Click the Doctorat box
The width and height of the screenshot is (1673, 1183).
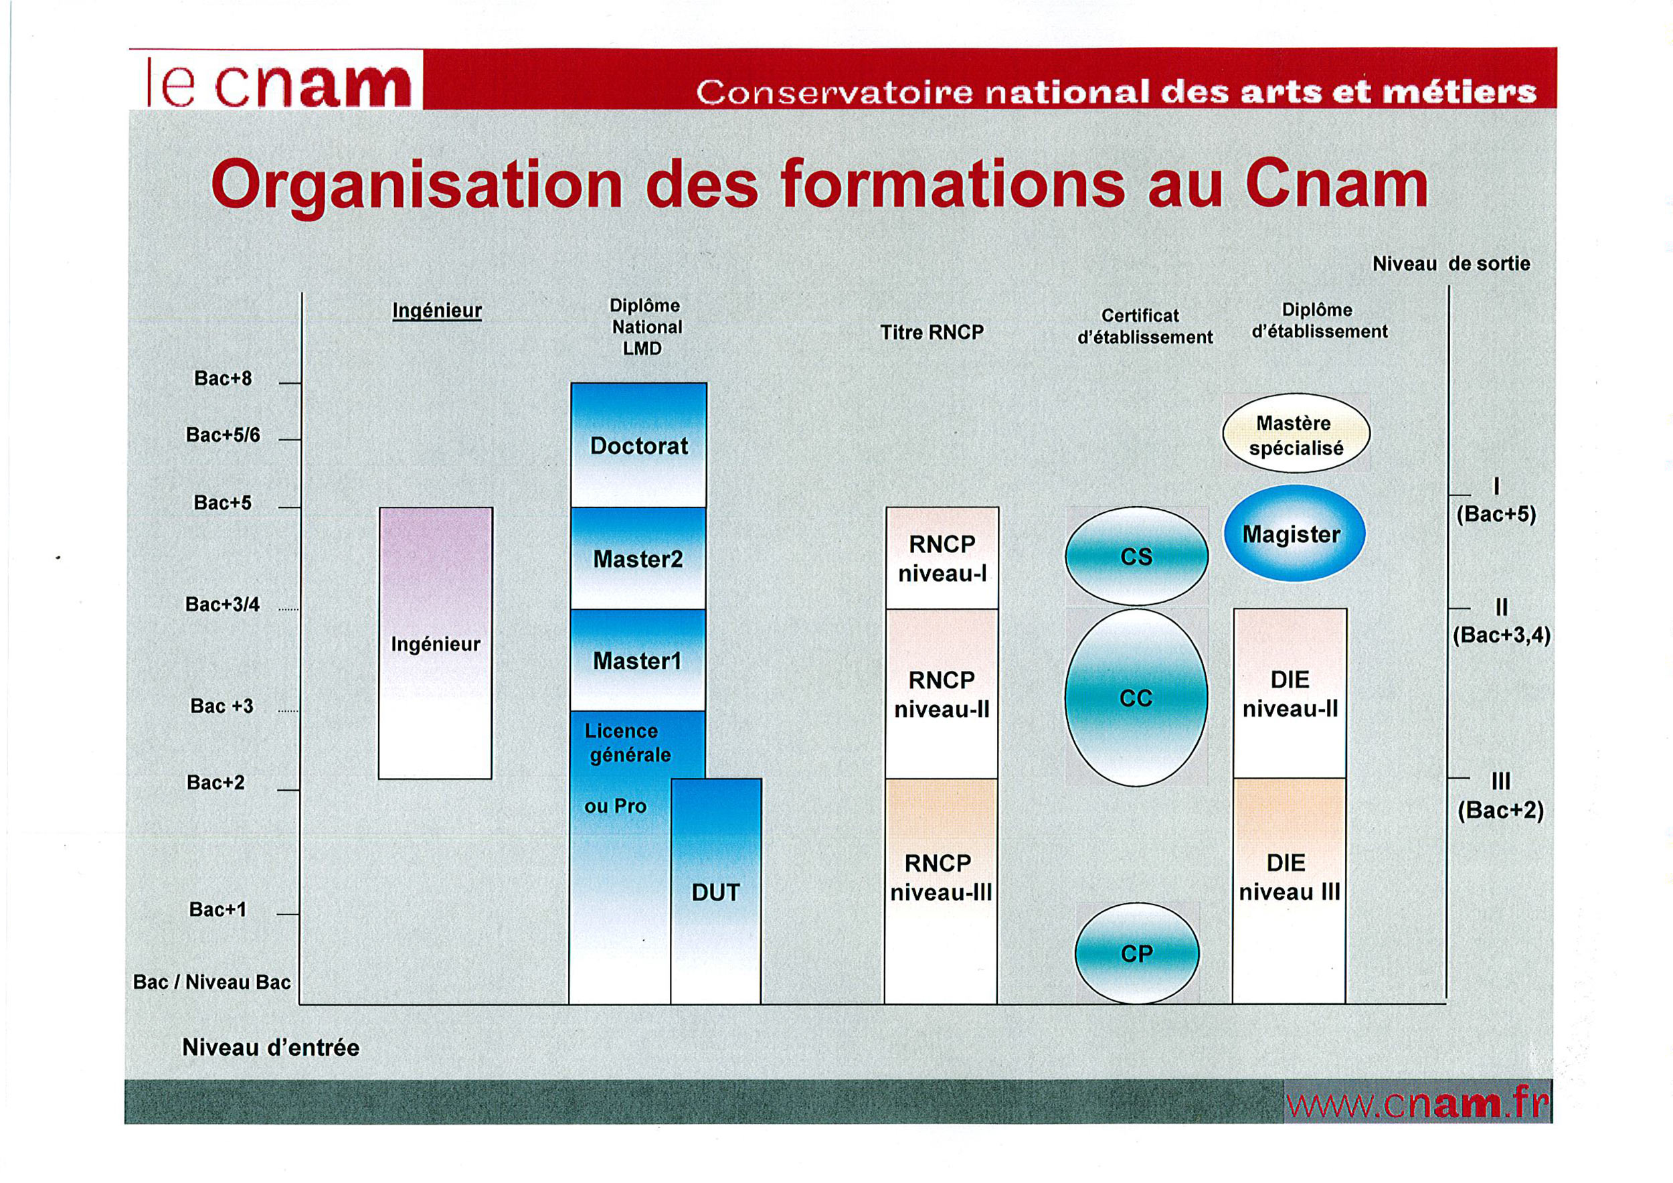click(638, 445)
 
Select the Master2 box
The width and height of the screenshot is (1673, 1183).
click(638, 558)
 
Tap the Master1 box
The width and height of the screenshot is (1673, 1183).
click(638, 660)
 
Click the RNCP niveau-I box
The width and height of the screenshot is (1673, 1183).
click(942, 558)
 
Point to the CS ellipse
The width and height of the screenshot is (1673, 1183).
click(1137, 557)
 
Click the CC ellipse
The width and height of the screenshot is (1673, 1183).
click(1136, 698)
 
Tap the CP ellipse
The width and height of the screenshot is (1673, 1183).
click(1137, 953)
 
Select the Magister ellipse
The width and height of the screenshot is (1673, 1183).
click(1294, 534)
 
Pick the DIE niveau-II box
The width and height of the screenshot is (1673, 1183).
click(1290, 694)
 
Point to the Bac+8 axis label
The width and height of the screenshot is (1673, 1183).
click(223, 378)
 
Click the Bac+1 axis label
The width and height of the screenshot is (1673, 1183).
click(218, 910)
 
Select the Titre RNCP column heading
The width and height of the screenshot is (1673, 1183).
click(932, 332)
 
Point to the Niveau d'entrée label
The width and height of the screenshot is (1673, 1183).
click(271, 1047)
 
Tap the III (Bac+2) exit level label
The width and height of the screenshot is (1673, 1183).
click(1500, 796)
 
